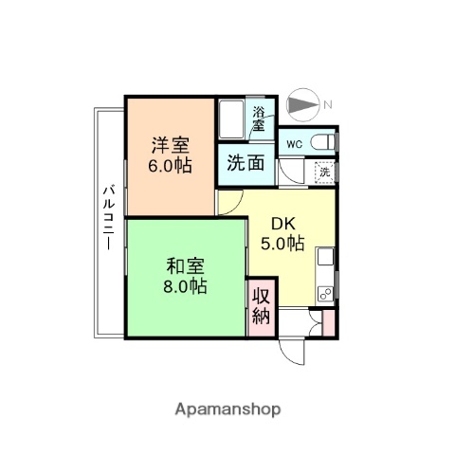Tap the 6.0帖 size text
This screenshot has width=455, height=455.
pos(172,165)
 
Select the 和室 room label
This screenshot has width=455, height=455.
pos(186,265)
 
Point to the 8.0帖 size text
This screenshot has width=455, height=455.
pos(186,285)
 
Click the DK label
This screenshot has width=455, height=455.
pos(282,224)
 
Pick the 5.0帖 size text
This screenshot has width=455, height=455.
pos(282,244)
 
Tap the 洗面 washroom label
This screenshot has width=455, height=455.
pos(246,162)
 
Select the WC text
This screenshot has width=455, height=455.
pos(294,144)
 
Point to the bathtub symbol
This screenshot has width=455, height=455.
pos(231,119)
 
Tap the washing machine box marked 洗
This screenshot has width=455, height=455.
pos(324,173)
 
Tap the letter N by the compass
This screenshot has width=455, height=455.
pos(327,104)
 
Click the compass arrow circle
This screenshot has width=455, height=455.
pos(302,104)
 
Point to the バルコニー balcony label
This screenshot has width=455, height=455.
pos(107,218)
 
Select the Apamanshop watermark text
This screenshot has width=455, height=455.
pos(227,409)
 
